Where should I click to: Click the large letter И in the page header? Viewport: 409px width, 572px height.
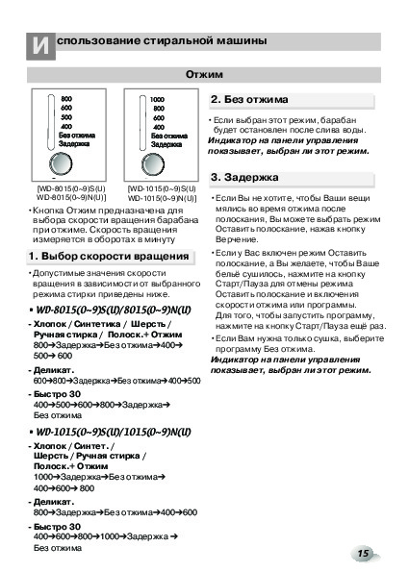[x=40, y=46]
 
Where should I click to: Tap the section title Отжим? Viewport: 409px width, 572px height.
[x=204, y=74]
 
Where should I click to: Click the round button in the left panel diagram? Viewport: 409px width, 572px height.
[x=61, y=163]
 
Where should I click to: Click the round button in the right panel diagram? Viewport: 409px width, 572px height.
[x=153, y=164]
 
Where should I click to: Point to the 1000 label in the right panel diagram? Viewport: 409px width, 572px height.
[x=157, y=99]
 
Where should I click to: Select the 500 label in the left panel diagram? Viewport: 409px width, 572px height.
[x=66, y=117]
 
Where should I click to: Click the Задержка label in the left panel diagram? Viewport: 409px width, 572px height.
[x=74, y=144]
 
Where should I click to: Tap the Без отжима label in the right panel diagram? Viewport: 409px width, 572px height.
[x=169, y=136]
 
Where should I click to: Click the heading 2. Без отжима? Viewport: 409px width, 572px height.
[x=249, y=99]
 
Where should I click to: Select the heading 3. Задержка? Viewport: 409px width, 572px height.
[x=244, y=177]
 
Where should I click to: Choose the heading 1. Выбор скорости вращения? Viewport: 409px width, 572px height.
[x=109, y=256]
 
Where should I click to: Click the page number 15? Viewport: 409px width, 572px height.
[x=363, y=554]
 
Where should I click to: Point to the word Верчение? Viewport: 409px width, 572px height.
[x=237, y=239]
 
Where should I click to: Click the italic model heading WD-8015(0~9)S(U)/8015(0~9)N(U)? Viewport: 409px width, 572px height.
[x=114, y=311]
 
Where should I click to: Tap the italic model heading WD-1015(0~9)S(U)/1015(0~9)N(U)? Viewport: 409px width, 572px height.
[x=114, y=432]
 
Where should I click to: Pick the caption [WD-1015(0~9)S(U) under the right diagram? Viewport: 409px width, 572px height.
[x=162, y=189]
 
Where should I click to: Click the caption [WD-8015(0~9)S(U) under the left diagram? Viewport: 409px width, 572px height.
[x=71, y=188]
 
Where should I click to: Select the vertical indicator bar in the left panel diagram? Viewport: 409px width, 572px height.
[x=51, y=121]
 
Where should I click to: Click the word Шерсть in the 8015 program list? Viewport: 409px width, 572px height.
[x=148, y=324]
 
